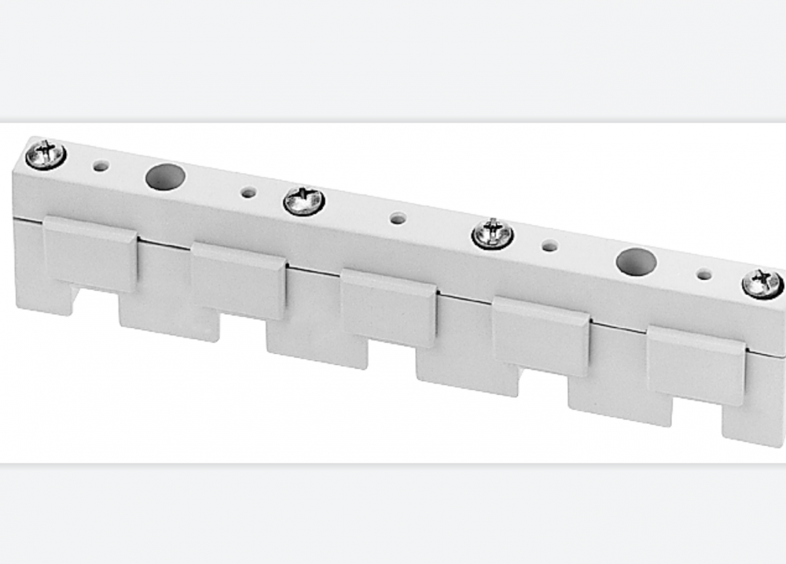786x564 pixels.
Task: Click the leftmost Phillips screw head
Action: point(46,154)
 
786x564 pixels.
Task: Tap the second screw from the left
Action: point(304,201)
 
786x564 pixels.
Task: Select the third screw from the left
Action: point(494,234)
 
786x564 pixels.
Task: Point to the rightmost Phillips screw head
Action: point(762,283)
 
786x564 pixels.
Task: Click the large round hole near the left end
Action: point(165,176)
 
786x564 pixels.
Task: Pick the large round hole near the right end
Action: point(635,262)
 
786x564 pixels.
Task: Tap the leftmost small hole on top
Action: point(101,166)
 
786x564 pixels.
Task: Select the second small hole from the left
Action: point(248,192)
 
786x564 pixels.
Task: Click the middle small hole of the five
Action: point(399,219)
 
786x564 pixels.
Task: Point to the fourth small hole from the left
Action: point(550,246)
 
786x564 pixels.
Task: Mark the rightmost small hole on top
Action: point(704,275)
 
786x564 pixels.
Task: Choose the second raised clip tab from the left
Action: point(238,280)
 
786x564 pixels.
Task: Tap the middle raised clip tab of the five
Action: point(388,307)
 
